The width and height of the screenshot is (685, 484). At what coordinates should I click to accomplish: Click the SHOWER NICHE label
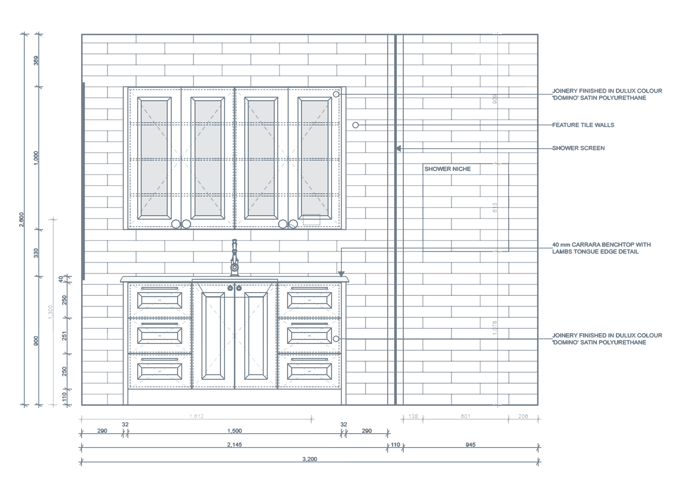tap(447, 169)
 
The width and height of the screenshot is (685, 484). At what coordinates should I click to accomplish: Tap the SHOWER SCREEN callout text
tap(578, 148)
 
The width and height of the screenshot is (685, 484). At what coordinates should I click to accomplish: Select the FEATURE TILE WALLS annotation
tap(583, 125)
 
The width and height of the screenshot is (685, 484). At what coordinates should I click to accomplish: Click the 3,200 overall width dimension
tap(310, 459)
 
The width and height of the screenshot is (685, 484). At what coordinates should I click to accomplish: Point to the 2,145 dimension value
tap(235, 445)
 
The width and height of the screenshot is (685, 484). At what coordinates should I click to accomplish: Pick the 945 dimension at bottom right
tap(470, 445)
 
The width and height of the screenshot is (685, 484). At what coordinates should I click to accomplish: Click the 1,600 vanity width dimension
tap(235, 431)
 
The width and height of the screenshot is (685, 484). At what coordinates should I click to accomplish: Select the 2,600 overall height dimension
tap(22, 219)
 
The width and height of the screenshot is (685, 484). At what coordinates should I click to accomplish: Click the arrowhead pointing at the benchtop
tap(341, 274)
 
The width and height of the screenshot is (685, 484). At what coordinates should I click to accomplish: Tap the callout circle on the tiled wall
tap(355, 125)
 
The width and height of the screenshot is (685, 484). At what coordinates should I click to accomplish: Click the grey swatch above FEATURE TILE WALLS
tap(583, 118)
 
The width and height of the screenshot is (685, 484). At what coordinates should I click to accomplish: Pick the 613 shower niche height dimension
tap(495, 208)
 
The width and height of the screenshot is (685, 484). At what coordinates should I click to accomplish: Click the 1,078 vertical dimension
tap(495, 328)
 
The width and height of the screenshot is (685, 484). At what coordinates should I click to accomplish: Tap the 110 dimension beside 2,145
tap(395, 445)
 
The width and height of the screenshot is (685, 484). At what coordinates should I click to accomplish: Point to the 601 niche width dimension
tap(466, 417)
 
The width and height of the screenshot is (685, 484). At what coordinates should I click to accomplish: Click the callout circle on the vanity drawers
tap(336, 339)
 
